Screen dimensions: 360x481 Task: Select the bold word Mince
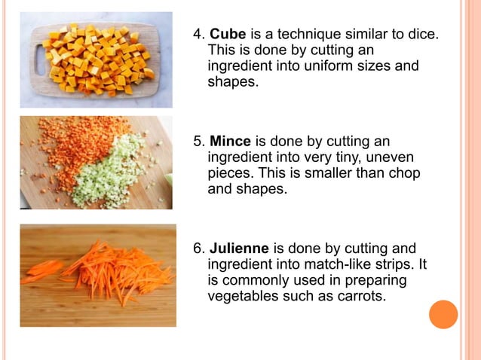(231, 142)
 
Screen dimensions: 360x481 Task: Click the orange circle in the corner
(443, 315)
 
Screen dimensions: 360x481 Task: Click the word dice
(421, 35)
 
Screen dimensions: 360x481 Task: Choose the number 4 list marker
(198, 35)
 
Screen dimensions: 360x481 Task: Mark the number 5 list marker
(198, 142)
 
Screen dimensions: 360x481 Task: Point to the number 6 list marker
(198, 249)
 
